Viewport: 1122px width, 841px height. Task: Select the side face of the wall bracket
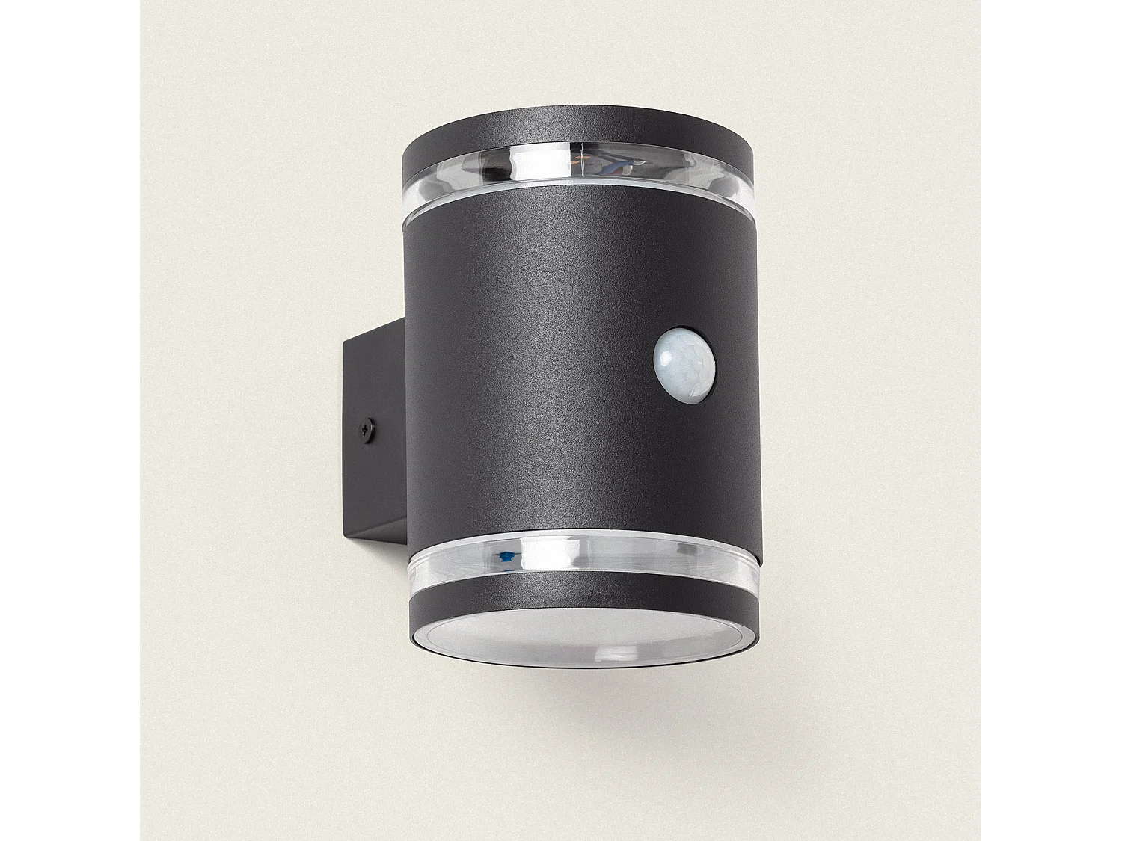[374, 434]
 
